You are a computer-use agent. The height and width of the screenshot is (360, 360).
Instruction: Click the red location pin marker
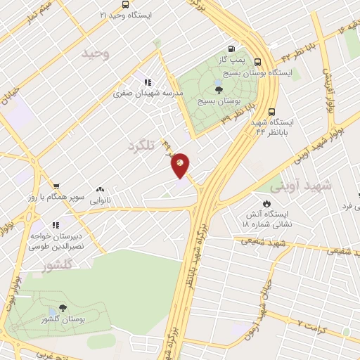[180, 165]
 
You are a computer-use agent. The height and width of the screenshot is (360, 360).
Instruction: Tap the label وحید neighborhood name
[96, 54]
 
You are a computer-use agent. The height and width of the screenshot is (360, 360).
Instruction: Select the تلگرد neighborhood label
[141, 145]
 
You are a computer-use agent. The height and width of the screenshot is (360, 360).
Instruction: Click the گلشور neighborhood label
[58, 266]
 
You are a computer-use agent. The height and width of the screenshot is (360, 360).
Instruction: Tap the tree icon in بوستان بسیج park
[219, 89]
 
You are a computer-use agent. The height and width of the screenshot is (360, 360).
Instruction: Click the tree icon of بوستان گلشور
[63, 307]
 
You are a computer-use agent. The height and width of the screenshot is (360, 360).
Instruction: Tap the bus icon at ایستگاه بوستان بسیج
[259, 61]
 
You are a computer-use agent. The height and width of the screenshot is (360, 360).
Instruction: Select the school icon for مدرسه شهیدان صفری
[147, 81]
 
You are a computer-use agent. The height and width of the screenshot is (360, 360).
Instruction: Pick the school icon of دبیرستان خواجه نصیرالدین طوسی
[56, 225]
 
